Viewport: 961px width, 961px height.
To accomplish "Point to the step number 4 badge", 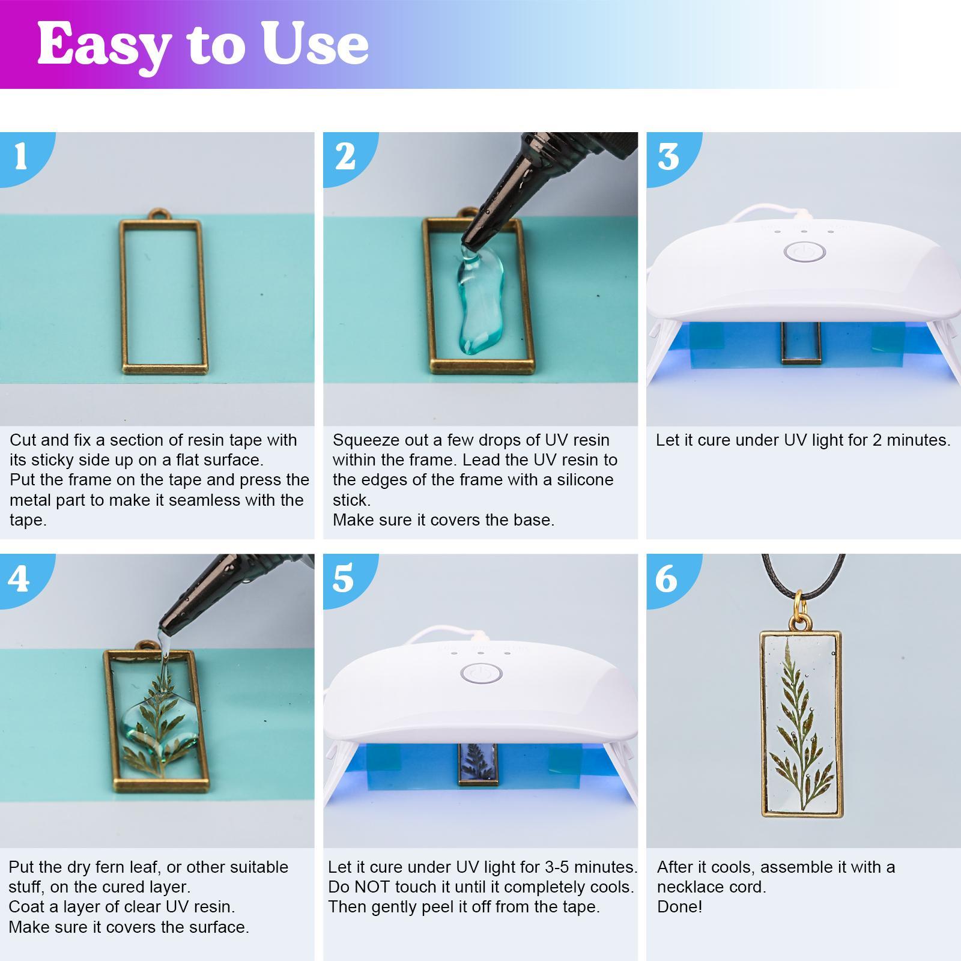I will tap(19, 579).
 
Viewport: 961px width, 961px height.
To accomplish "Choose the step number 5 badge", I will tap(343, 579).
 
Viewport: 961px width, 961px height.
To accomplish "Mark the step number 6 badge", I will tap(667, 579).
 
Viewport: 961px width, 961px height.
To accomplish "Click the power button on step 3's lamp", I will tap(804, 252).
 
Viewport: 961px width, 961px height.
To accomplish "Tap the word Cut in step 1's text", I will tap(22, 440).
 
